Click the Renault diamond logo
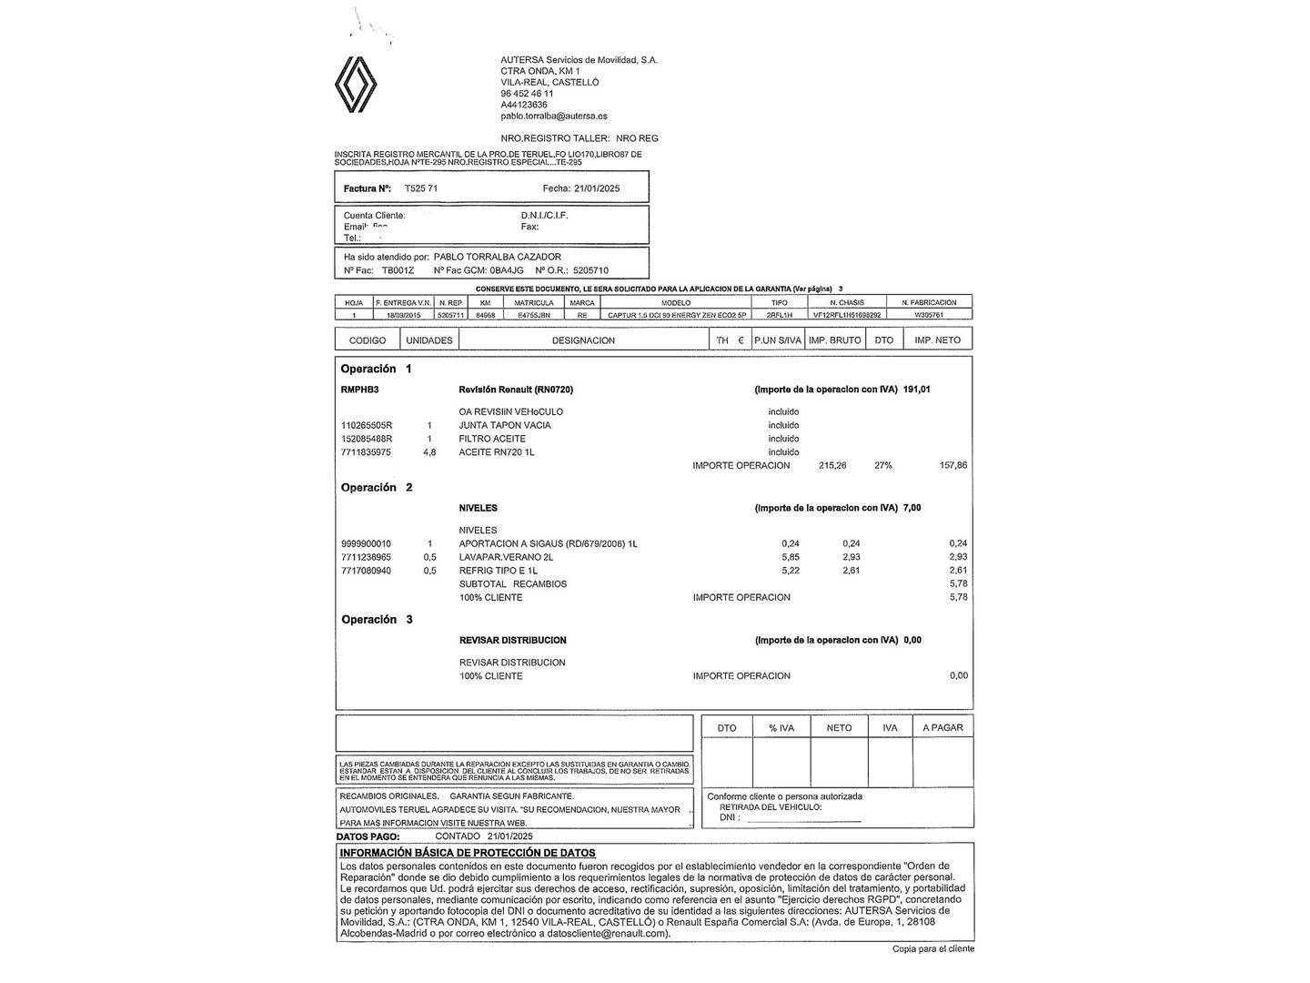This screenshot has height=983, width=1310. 356,85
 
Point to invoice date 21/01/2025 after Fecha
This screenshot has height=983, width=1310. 597,188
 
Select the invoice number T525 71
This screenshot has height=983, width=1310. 420,188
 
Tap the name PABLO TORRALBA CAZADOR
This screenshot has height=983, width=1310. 497,257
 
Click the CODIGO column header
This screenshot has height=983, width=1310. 368,340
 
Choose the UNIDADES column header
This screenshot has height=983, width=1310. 429,340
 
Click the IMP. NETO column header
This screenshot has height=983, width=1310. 937,340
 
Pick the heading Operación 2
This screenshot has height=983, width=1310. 377,488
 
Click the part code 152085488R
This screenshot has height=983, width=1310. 367,439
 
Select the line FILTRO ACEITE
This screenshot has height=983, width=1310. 492,439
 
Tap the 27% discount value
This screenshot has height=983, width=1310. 883,465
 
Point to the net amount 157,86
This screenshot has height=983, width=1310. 952,465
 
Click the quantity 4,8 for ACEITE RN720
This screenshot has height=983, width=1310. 429,452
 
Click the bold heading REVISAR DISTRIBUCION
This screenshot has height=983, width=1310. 512,641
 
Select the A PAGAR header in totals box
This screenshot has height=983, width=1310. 942,728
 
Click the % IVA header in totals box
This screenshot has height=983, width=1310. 781,728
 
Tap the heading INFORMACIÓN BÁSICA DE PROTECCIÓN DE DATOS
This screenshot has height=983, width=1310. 468,853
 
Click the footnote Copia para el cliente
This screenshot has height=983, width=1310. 932,948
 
